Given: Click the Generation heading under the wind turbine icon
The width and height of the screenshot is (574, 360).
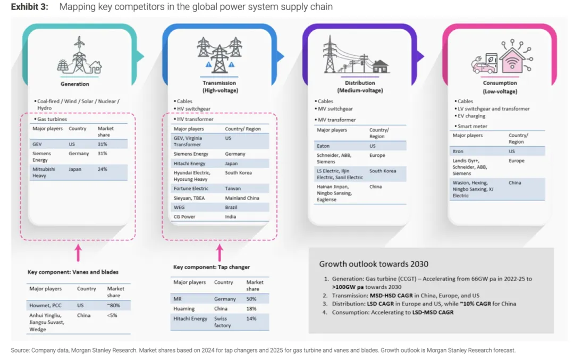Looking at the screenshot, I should (x=75, y=84).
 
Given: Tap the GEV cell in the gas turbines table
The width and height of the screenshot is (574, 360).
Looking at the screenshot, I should (x=38, y=144).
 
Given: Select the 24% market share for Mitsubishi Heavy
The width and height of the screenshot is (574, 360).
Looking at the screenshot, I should (x=102, y=169).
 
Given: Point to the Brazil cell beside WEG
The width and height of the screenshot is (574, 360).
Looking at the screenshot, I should (x=232, y=207).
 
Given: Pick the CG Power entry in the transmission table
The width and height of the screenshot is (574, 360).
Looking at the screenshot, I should (x=185, y=216).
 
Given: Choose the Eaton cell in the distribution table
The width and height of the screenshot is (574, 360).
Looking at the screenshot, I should (x=323, y=146).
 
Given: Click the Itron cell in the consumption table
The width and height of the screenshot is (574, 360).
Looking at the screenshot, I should (x=458, y=152).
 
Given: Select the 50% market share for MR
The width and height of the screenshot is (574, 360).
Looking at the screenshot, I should (x=251, y=299).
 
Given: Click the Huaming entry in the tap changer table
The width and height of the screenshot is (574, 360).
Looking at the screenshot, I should (x=184, y=308).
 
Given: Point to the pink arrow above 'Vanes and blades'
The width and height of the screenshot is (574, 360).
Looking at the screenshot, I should (x=78, y=253).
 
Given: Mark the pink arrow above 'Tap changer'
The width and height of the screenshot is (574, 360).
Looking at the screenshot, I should (x=220, y=253).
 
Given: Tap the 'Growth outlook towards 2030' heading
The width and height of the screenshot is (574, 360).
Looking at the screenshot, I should (x=374, y=264).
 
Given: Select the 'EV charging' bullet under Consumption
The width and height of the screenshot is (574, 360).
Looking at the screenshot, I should (x=473, y=116).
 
